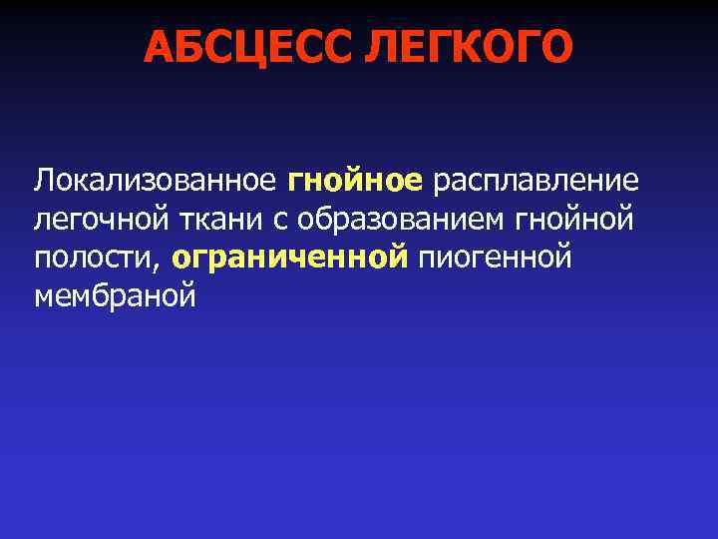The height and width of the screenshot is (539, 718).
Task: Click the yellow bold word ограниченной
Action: tap(290, 258)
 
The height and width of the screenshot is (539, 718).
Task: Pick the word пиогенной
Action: tap(496, 258)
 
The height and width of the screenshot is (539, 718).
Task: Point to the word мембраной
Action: tap(115, 295)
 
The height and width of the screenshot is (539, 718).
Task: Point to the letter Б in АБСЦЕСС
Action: tap(191, 46)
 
